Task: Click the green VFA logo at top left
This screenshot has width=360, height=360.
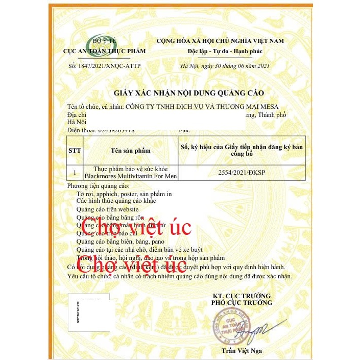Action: pyautogui.click(x=104, y=43)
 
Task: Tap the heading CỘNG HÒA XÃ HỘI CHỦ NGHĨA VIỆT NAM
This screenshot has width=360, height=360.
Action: pyautogui.click(x=227, y=41)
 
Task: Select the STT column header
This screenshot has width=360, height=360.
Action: pyautogui.click(x=75, y=151)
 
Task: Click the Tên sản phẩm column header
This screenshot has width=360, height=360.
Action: pyautogui.click(x=131, y=151)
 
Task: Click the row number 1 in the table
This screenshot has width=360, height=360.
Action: pyautogui.click(x=75, y=173)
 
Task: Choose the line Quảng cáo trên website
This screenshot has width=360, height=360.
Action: pyautogui.click(x=107, y=209)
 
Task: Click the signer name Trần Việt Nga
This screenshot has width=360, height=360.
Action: pyautogui.click(x=242, y=350)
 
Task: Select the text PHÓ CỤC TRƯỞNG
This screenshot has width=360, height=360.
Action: pyautogui.click(x=242, y=303)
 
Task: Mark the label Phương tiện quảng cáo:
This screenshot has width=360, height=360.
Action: pyautogui.click(x=99, y=186)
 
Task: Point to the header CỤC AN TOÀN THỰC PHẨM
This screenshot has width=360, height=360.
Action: pyautogui.click(x=104, y=51)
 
